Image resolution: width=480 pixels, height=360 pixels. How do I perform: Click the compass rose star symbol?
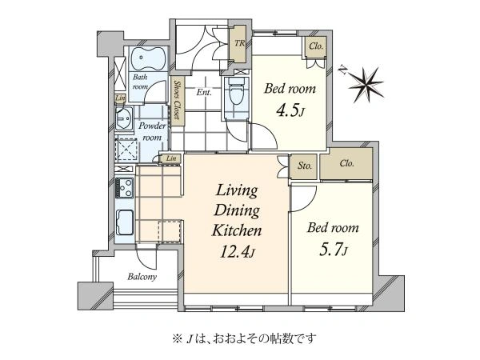point(366,84)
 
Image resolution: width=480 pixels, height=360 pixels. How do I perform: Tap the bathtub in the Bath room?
point(149,58)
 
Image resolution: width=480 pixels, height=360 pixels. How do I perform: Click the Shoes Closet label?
point(178,100)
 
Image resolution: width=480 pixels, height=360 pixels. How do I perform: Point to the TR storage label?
point(240,43)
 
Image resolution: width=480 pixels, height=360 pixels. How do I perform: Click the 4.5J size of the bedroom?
point(290,110)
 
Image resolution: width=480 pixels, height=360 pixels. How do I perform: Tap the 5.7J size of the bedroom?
point(333,250)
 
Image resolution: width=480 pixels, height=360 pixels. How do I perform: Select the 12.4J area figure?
point(238,252)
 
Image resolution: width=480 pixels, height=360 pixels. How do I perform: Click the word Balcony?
point(142,277)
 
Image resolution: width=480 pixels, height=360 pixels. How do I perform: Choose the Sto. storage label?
point(305,166)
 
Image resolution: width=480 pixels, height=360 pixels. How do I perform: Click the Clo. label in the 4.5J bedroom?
point(316,46)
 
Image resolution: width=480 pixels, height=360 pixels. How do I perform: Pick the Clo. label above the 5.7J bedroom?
point(347,163)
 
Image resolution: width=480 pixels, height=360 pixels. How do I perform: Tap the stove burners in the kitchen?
point(124,187)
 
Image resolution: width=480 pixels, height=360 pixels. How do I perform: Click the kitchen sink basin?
point(125,222)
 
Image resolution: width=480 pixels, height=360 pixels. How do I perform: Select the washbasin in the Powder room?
point(124,118)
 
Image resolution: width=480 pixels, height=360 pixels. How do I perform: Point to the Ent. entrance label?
point(204,92)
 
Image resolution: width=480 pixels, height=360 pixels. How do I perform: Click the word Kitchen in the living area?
point(237,230)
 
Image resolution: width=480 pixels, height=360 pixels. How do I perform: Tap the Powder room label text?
point(152,132)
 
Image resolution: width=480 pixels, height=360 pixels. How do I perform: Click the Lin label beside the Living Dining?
point(171,158)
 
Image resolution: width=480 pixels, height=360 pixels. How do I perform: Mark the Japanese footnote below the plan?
point(244,338)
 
